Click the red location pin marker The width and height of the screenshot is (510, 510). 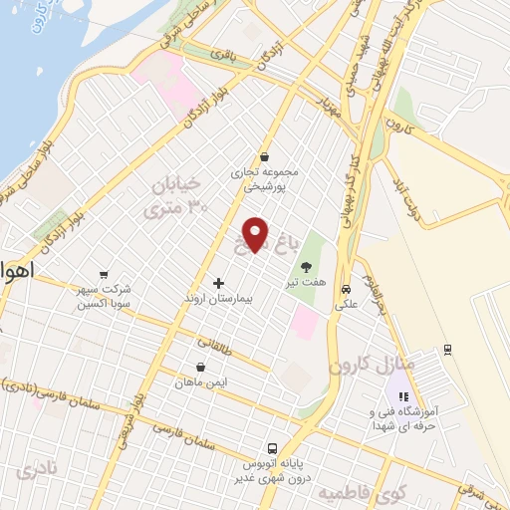click(x=257, y=234)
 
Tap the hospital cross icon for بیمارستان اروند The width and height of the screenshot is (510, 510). click(x=219, y=284)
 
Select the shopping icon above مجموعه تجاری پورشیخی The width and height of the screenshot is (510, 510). click(x=264, y=156)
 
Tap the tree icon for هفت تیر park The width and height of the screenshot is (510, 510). click(x=306, y=266)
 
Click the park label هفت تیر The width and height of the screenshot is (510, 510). click(x=306, y=281)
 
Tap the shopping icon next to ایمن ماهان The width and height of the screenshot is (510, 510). click(x=202, y=367)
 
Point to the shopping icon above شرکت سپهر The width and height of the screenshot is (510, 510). click(x=104, y=275)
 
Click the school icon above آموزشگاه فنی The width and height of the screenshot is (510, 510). click(x=403, y=396)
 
